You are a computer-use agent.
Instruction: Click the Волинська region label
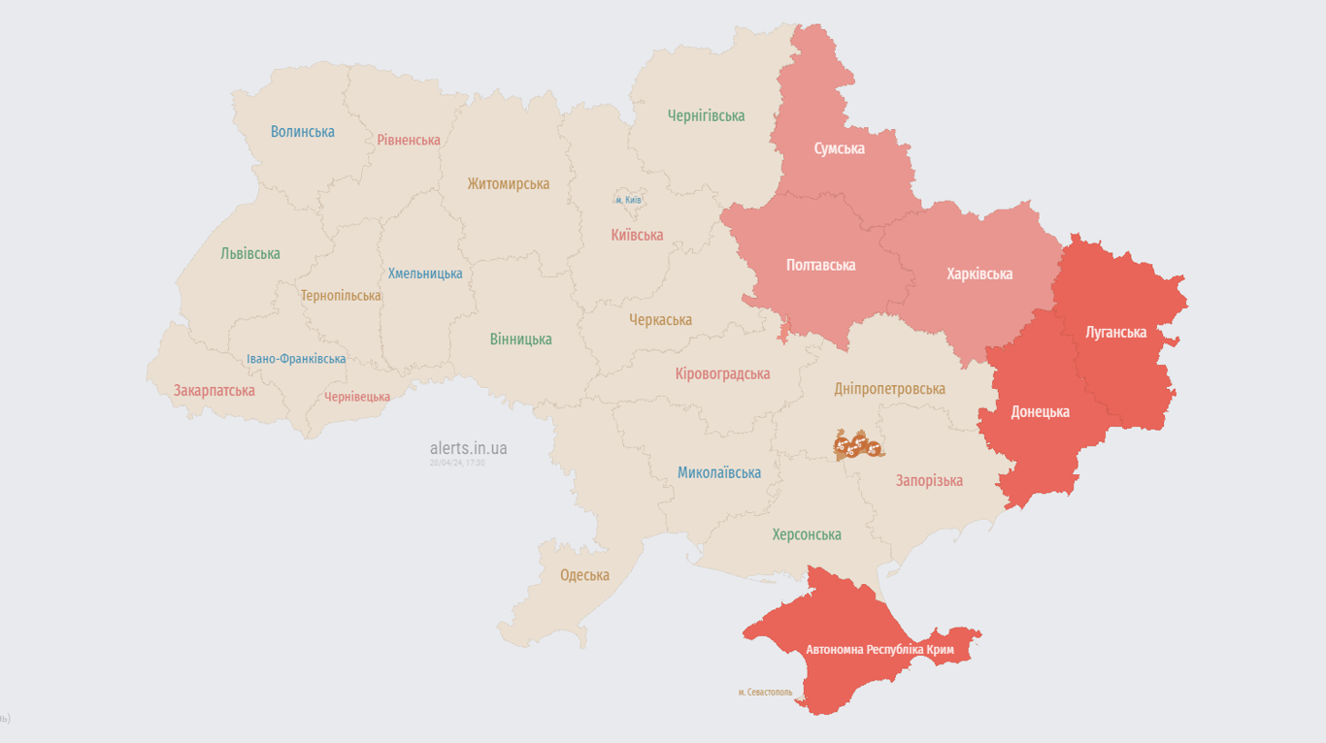pyautogui.click(x=302, y=132)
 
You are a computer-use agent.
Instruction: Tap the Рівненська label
pyautogui.click(x=408, y=140)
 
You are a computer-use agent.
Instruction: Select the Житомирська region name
pyautogui.click(x=508, y=183)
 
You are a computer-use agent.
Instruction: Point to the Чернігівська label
pyautogui.click(x=706, y=115)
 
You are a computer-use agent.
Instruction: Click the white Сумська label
pyautogui.click(x=839, y=148)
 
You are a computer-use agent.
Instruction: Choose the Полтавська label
pyautogui.click(x=820, y=264)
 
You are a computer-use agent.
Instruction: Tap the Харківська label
pyautogui.click(x=978, y=274)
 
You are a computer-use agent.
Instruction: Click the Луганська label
pyautogui.click(x=1115, y=332)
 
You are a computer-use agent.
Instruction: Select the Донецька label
pyautogui.click(x=1040, y=411)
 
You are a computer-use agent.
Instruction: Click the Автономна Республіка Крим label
pyautogui.click(x=879, y=649)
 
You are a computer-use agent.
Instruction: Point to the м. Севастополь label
pyautogui.click(x=764, y=693)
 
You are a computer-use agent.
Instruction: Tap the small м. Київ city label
pyautogui.click(x=628, y=200)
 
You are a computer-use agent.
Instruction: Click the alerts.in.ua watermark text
pyautogui.click(x=468, y=448)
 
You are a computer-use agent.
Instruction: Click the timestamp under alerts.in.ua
pyautogui.click(x=457, y=463)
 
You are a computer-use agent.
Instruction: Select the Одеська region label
pyautogui.click(x=584, y=575)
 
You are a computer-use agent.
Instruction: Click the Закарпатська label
pyautogui.click(x=215, y=390)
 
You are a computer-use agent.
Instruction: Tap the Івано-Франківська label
pyautogui.click(x=296, y=359)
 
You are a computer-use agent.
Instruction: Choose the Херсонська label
pyautogui.click(x=806, y=534)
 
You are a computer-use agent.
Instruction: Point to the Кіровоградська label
pyautogui.click(x=722, y=373)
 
